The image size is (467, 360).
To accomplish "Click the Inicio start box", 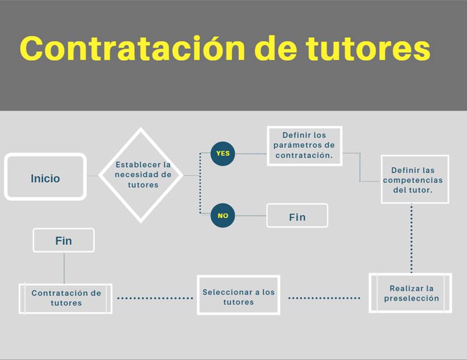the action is pos(45,176).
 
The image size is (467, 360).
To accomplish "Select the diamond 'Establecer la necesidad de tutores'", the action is pos(140,175).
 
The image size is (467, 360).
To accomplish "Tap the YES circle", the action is pos(223,153).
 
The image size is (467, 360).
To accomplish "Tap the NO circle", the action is pos(223,215).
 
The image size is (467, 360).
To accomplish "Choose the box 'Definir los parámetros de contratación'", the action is pos(304,146).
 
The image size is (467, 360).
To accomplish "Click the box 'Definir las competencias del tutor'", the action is pos(415,179).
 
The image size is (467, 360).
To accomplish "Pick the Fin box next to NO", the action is pos(297,215).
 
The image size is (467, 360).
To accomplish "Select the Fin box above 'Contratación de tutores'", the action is pos(64,241).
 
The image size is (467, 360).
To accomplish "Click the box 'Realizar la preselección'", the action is pos(411,293).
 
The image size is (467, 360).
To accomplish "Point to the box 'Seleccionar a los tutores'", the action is pos(238,295).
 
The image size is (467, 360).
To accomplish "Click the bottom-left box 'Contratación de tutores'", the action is pos(66,299).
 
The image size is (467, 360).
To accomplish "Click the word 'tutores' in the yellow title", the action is pos(368,49).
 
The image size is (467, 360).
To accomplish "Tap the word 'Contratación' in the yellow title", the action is pos(133,48).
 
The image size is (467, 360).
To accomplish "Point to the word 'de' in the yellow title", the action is pos(276,48).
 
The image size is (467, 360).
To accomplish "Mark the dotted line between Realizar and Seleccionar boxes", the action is pos(324,298).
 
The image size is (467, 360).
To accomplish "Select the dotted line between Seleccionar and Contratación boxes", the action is pos(155,298).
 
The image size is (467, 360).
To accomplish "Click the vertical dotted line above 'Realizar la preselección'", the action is pos(412,238).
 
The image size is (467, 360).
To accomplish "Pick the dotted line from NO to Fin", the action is pos(251,215).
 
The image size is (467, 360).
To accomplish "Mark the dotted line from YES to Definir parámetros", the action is pos(251,153).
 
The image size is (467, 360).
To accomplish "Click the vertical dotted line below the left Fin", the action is pos(64,268).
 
